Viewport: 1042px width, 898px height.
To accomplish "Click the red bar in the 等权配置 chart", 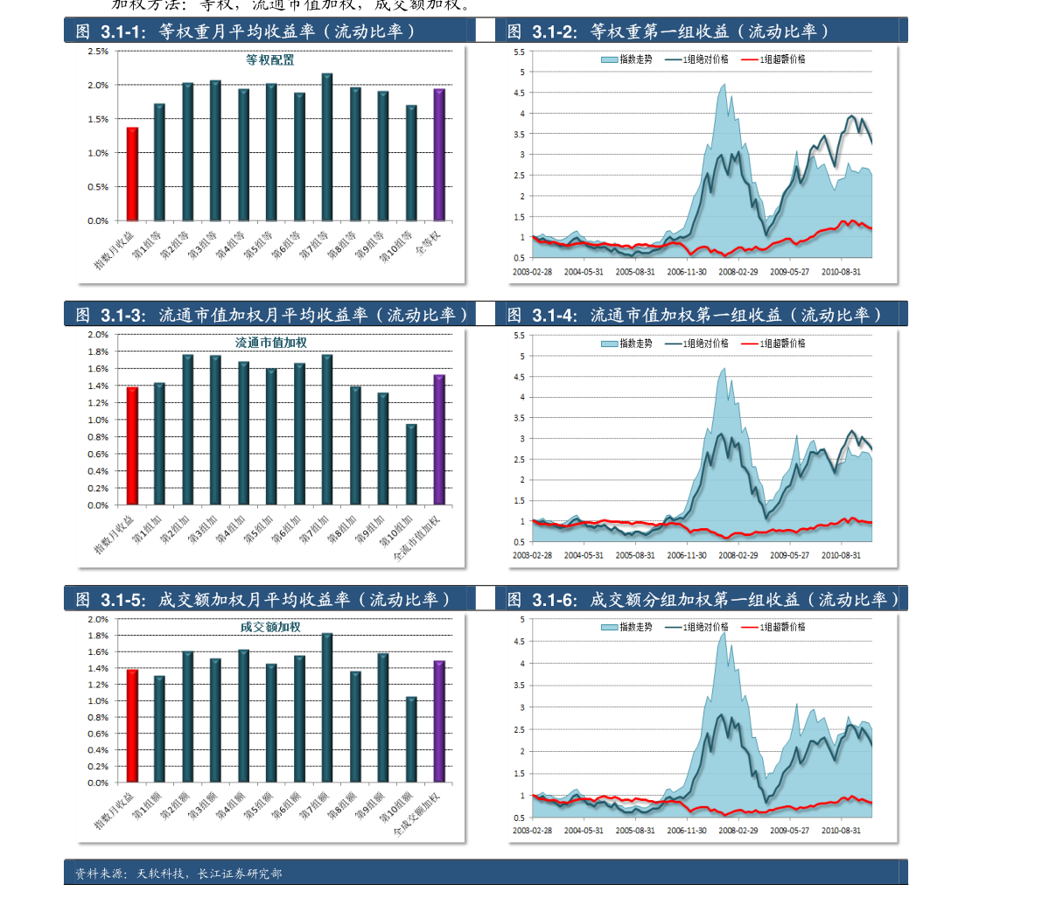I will pos(132,174).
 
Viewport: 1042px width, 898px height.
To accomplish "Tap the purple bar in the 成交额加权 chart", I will pos(439,721).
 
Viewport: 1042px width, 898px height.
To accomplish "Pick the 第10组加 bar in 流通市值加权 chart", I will pos(411,464).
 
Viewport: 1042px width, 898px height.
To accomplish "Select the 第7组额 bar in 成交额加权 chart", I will pos(327,708).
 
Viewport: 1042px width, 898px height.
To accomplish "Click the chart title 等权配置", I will pos(269,60).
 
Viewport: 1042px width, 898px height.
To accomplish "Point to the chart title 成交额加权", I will pos(270,627).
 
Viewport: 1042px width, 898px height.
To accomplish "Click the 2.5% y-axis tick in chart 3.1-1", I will pos(98,51).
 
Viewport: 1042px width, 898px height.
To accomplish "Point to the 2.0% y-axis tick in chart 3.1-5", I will pos(96,619).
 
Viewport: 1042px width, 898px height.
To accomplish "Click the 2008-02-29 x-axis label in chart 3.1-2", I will pos(738,271).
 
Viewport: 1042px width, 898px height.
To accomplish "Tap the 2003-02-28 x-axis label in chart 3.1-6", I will pos(533,830).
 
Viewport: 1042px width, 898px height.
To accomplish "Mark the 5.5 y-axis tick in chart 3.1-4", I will pos(519,336).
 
